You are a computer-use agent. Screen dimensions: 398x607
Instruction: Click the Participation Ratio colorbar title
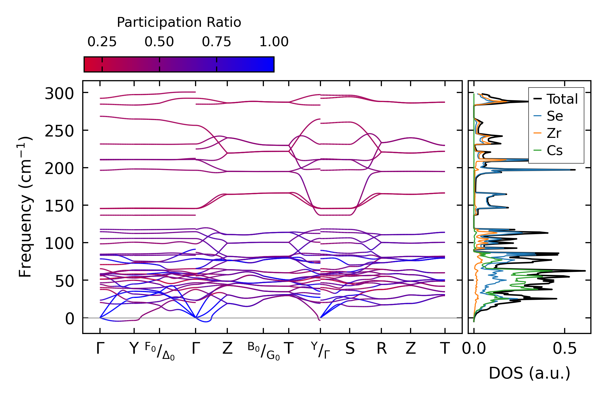click(x=179, y=22)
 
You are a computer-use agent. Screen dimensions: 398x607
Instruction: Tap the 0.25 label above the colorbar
click(x=102, y=42)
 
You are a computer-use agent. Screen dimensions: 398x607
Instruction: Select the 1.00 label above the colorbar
click(x=274, y=42)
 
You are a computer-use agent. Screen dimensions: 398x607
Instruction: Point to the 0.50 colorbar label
click(x=159, y=42)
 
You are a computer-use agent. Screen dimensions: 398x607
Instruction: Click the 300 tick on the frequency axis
click(x=59, y=94)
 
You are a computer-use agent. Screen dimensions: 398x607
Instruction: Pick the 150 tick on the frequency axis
click(x=59, y=206)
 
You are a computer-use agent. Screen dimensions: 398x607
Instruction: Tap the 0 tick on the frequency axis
click(x=69, y=319)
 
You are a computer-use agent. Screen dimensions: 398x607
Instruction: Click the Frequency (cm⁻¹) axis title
click(x=25, y=207)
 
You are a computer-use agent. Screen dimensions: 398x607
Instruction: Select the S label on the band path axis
click(x=350, y=349)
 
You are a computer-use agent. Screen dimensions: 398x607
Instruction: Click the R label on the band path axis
click(x=381, y=349)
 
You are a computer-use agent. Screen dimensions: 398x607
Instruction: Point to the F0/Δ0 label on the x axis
click(x=160, y=351)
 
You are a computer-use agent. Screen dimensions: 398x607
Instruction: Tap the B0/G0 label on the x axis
click(x=264, y=351)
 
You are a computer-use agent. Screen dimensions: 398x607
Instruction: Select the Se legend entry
click(x=555, y=116)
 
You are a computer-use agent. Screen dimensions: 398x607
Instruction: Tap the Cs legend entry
click(x=555, y=150)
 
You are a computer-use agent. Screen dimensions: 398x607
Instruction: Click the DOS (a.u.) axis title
click(x=529, y=373)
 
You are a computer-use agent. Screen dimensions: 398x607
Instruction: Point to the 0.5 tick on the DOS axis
click(x=564, y=349)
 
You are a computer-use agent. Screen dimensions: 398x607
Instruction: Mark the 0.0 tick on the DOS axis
click(x=474, y=349)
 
